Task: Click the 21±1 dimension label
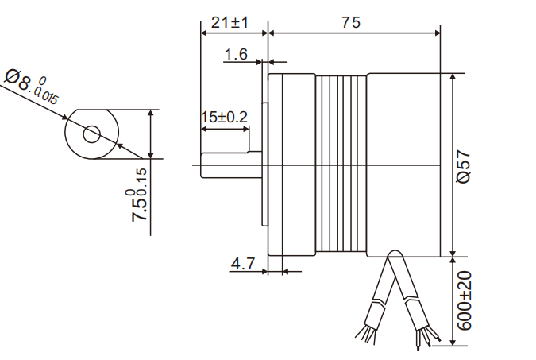pos(230,22)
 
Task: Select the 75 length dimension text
pos(350,22)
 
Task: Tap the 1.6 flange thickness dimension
pos(237,54)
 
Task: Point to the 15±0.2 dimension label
pos(224,117)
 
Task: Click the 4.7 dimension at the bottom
pos(242,263)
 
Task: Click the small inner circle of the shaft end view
pos(92,134)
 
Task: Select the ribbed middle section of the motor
pos(341,165)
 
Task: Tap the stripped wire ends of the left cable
pos(367,334)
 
